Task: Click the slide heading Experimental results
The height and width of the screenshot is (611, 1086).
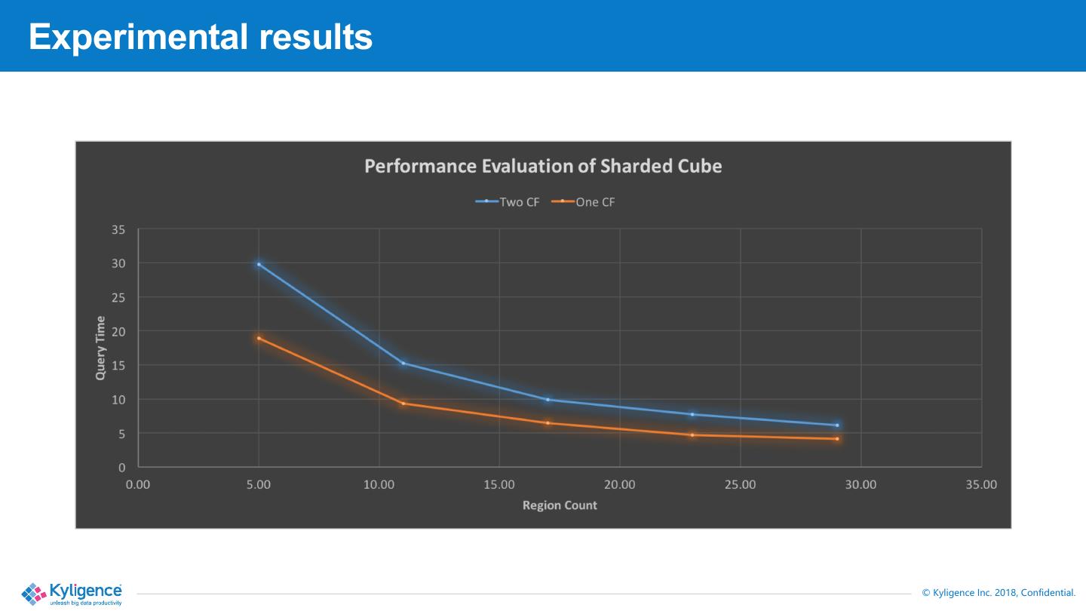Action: [201, 36]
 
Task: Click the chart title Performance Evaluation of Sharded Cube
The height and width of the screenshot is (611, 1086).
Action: [543, 166]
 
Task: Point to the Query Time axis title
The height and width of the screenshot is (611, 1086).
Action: [100, 348]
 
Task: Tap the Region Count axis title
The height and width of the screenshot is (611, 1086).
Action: [560, 505]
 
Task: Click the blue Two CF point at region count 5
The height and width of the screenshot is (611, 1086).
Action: [259, 264]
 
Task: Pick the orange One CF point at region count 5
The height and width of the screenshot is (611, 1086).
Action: [259, 338]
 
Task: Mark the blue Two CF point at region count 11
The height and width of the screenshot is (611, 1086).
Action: [403, 364]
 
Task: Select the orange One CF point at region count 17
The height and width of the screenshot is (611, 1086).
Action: [548, 423]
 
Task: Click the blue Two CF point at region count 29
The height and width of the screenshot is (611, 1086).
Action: [837, 425]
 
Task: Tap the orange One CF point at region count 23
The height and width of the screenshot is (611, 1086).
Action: [692, 435]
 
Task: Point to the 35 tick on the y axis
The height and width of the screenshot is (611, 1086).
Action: [119, 229]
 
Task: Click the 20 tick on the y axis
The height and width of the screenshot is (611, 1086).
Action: [119, 331]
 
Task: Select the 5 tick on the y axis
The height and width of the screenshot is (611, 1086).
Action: [121, 433]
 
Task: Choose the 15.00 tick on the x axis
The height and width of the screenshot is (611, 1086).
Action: [499, 484]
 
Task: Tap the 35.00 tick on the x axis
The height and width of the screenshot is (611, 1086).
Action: [981, 484]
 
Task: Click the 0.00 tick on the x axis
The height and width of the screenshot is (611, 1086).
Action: [138, 484]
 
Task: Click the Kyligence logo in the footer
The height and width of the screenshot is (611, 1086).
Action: [72, 594]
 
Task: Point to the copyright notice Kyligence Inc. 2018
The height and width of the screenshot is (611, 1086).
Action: [999, 593]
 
